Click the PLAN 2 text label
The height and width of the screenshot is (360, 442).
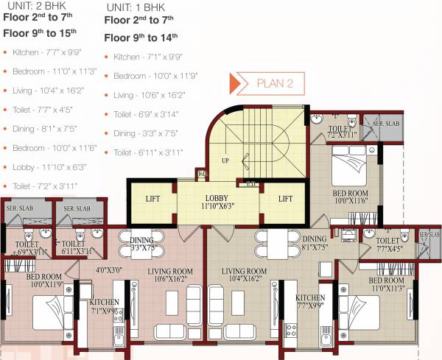[x=275, y=83]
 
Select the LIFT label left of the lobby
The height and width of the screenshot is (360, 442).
[x=152, y=199]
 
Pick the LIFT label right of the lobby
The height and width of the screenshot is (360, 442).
[x=286, y=199]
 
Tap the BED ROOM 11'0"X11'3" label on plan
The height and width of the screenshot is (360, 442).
[x=386, y=284]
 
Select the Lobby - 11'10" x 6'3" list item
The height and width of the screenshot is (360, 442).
[x=50, y=167]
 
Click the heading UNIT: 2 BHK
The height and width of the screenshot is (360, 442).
[x=29, y=6]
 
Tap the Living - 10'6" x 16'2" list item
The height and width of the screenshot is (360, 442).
[x=150, y=95]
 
